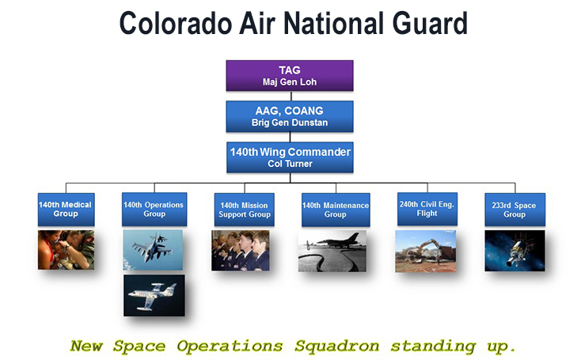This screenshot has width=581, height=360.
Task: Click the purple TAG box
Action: (289, 75)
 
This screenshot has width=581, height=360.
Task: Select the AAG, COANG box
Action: (289, 116)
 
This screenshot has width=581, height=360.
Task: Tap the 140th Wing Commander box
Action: (289, 157)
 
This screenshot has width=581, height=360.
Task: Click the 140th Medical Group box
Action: (66, 210)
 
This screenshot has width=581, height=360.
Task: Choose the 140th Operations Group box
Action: (154, 210)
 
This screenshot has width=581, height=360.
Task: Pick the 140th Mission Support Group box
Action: (243, 210)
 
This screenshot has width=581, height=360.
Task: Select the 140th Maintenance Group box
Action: (335, 210)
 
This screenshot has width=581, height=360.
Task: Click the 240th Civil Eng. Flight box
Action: (426, 210)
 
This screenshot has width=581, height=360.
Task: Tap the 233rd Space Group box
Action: (515, 210)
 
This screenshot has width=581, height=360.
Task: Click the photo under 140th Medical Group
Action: (66, 250)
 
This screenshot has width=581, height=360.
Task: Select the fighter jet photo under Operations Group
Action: (154, 250)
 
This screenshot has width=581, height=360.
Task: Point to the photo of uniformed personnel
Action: (241, 250)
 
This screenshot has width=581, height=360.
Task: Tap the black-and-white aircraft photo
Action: (332, 250)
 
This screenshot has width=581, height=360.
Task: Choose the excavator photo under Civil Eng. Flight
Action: (425, 250)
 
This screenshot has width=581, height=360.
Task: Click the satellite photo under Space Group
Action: (515, 250)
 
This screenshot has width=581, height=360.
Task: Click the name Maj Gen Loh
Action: (289, 81)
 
